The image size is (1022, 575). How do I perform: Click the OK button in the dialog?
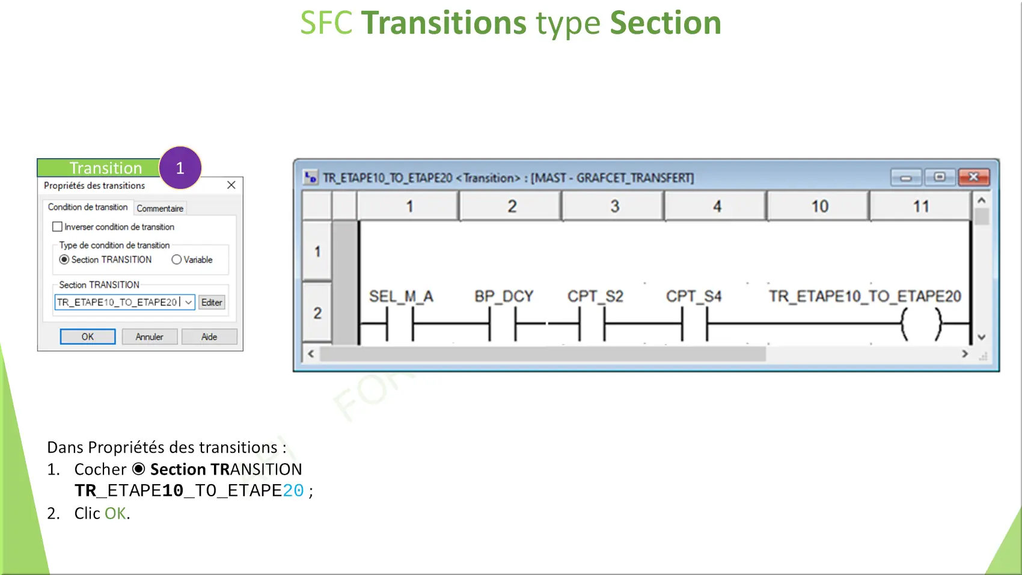pyautogui.click(x=88, y=337)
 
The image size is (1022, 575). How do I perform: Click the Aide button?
pyautogui.click(x=209, y=337)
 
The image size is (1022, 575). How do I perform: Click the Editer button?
pyautogui.click(x=212, y=302)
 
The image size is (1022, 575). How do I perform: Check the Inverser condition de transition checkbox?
pyautogui.click(x=57, y=227)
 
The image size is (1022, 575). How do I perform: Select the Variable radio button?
pyautogui.click(x=177, y=260)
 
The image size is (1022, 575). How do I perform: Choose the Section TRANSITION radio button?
pyautogui.click(x=64, y=260)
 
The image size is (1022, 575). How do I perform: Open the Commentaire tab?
pyautogui.click(x=160, y=208)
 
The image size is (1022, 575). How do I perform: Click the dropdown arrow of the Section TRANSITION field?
pyautogui.click(x=188, y=302)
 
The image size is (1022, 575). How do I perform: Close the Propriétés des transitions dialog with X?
pyautogui.click(x=231, y=185)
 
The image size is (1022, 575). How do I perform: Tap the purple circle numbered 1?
pyautogui.click(x=180, y=167)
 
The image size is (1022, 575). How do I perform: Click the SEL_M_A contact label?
pyautogui.click(x=401, y=297)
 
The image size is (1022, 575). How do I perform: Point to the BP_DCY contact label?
pyautogui.click(x=504, y=297)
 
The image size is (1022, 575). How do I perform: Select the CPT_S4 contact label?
pyautogui.click(x=694, y=297)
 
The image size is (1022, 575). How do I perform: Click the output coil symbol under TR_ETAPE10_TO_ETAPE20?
pyautogui.click(x=921, y=324)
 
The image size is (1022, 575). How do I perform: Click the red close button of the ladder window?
pyautogui.click(x=974, y=177)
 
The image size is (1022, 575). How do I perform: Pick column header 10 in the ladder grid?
pyautogui.click(x=819, y=206)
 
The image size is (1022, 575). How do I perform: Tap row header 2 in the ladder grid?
pyautogui.click(x=317, y=313)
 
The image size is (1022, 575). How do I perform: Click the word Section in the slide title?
pyautogui.click(x=666, y=23)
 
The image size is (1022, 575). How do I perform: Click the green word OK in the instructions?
pyautogui.click(x=115, y=514)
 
